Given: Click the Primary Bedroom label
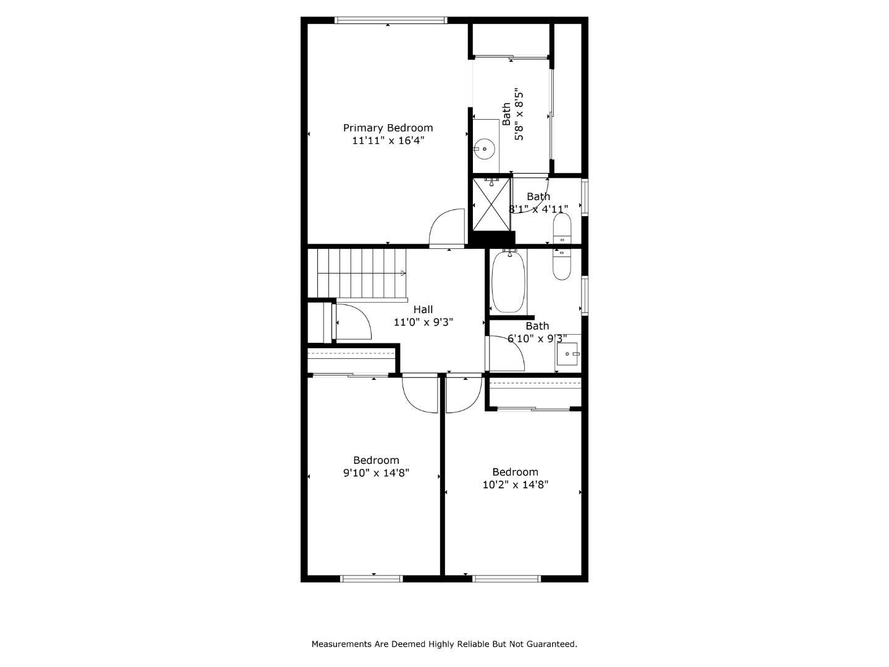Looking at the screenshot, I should pyautogui.click(x=388, y=128).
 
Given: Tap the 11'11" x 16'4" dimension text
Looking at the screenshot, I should pyautogui.click(x=388, y=141).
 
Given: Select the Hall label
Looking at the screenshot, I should pyautogui.click(x=423, y=309).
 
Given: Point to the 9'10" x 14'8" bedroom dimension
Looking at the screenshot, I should pyautogui.click(x=376, y=473).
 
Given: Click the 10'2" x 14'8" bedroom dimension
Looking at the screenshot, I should pyautogui.click(x=515, y=485).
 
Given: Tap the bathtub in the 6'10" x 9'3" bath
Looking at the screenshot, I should pyautogui.click(x=509, y=281).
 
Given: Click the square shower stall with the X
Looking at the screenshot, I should pyautogui.click(x=492, y=204).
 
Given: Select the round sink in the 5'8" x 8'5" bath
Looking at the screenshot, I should pyautogui.click(x=485, y=149).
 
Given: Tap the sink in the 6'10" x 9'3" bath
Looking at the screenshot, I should pyautogui.click(x=568, y=354).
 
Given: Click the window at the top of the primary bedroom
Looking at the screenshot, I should pyautogui.click(x=390, y=20).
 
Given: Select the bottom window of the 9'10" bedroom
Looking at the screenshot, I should pyautogui.click(x=372, y=579).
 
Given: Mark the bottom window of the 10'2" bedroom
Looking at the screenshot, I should pyautogui.click(x=506, y=579).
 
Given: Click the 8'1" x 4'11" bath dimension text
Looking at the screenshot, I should pyautogui.click(x=538, y=209).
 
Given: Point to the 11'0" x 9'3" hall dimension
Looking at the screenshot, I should pyautogui.click(x=424, y=322).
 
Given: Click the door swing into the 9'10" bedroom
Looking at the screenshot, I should pyautogui.click(x=420, y=393).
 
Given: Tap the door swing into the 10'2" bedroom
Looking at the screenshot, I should pyautogui.click(x=463, y=393).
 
